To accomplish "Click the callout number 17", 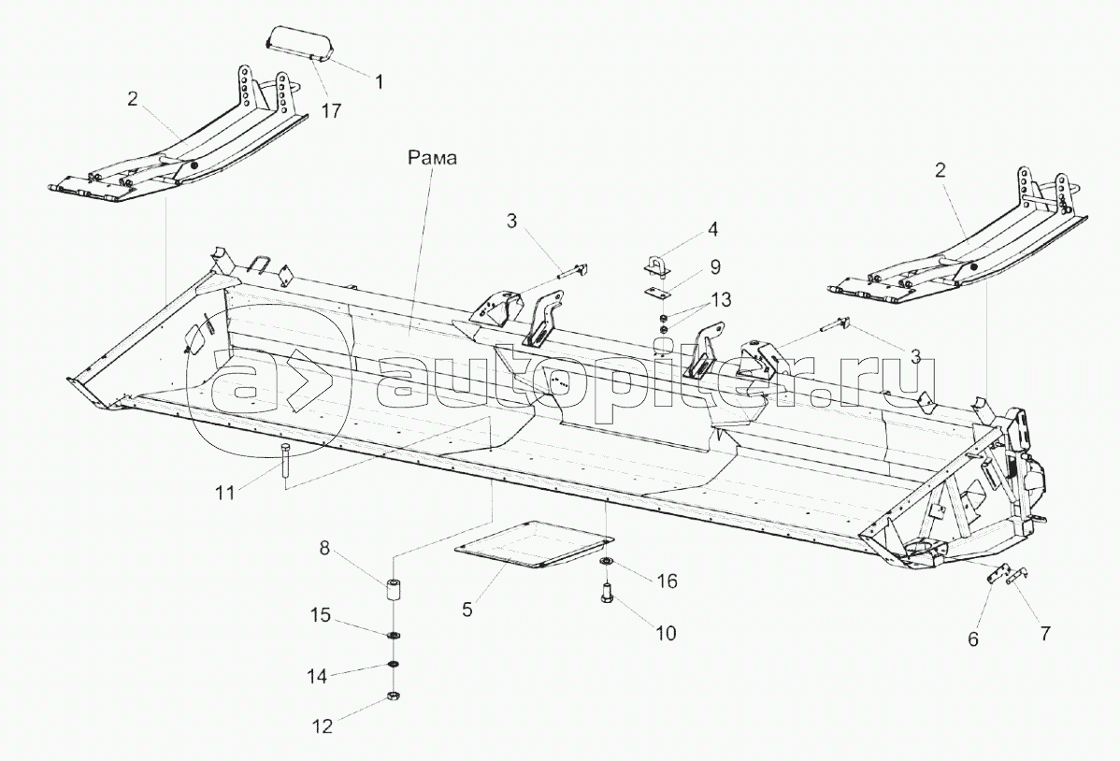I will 330,110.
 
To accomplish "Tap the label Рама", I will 431,159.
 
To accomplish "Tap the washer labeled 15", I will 394,636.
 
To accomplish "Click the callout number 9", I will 714,267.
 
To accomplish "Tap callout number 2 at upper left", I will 133,98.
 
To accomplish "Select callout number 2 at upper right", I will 941,170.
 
